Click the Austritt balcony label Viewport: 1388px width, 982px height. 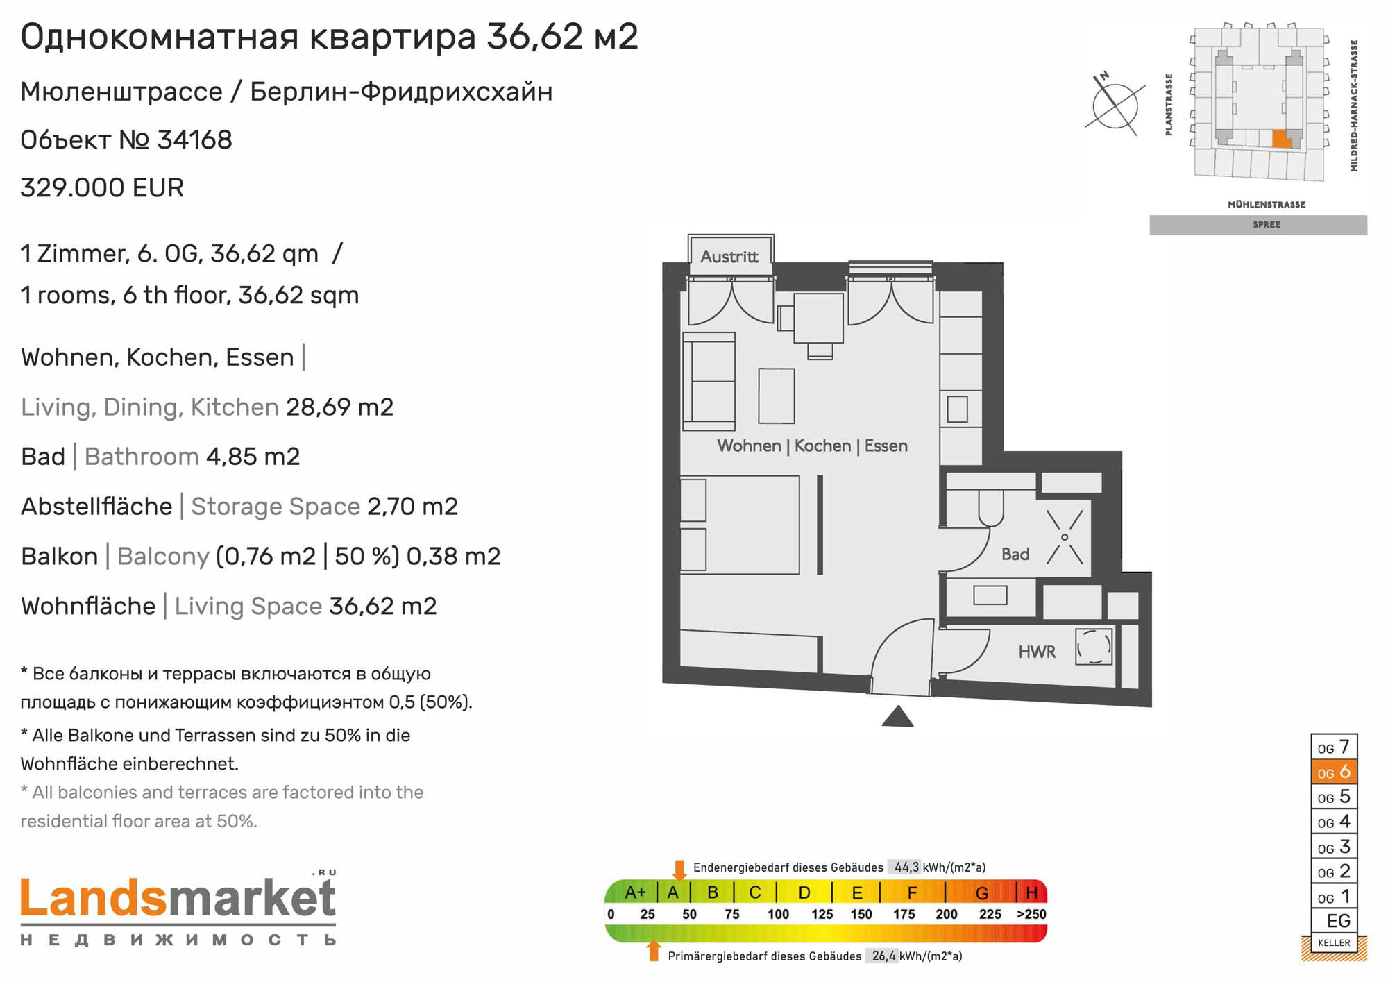[x=729, y=257]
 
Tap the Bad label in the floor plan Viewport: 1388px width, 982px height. [x=1015, y=555]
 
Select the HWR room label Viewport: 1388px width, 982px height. [x=1037, y=652]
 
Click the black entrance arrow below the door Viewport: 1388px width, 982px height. [x=897, y=716]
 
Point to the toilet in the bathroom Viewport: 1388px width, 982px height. [x=991, y=509]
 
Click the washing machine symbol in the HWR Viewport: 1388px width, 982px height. [x=1094, y=647]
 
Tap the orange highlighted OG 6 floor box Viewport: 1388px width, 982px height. [x=1333, y=772]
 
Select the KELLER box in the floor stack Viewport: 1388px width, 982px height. [x=1333, y=942]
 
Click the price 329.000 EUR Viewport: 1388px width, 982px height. [x=102, y=188]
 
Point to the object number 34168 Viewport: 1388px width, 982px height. [x=194, y=140]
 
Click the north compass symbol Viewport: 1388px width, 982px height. [x=1115, y=105]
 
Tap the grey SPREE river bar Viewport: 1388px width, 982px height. [x=1258, y=225]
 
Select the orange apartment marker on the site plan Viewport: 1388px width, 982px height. [x=1281, y=139]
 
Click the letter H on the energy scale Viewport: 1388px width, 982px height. [x=1031, y=892]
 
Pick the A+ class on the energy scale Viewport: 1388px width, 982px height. [x=635, y=892]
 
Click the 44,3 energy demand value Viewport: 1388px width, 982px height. [x=906, y=867]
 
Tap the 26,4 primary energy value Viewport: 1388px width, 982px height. [x=884, y=956]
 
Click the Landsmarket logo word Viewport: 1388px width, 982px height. [x=178, y=898]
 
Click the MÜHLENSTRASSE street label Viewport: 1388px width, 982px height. [x=1267, y=205]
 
